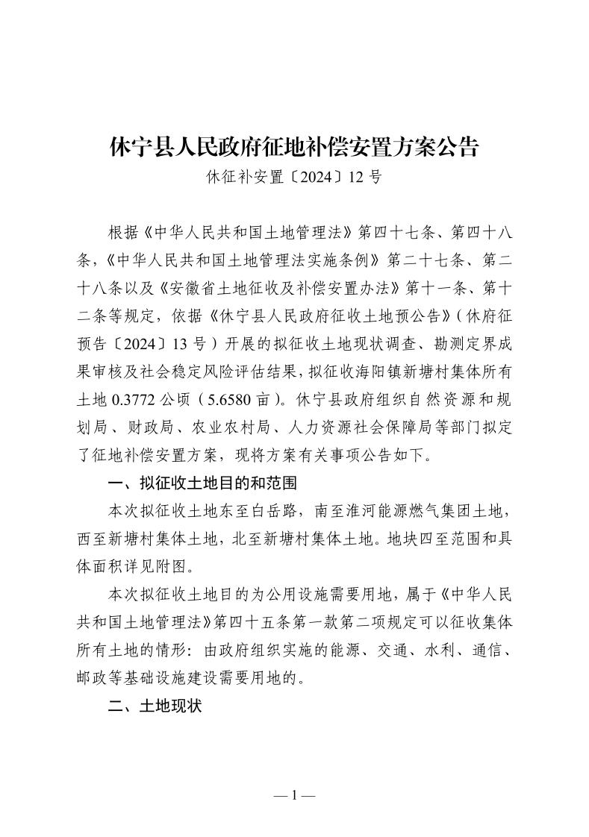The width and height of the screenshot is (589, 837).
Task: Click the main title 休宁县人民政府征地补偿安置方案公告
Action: (x=293, y=146)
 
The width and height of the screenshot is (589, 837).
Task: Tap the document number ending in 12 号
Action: (x=293, y=178)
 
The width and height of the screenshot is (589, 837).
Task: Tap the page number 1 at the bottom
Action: (x=294, y=795)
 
